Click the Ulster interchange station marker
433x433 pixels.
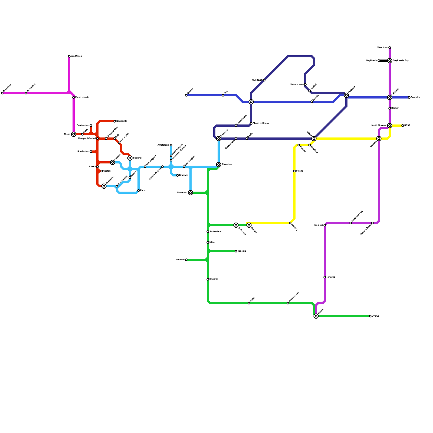click(x=74, y=134)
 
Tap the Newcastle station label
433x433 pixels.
click(x=122, y=121)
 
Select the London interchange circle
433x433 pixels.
click(x=113, y=162)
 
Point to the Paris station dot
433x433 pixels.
click(x=139, y=191)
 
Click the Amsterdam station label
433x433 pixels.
click(x=163, y=145)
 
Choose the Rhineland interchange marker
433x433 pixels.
click(x=191, y=193)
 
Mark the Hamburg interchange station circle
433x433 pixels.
click(x=219, y=139)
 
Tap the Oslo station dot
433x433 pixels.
click(x=223, y=95)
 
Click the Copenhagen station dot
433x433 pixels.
click(x=236, y=126)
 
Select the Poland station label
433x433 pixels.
click(x=300, y=171)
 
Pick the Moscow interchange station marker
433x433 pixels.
click(x=379, y=139)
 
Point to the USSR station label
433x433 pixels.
click(x=407, y=126)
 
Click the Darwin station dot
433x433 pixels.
click(x=390, y=108)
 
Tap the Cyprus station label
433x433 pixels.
click(x=375, y=316)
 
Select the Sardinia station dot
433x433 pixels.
click(x=208, y=279)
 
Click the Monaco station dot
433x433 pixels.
click(x=186, y=260)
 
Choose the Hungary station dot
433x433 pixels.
click(x=290, y=223)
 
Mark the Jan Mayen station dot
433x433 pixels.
click(x=69, y=56)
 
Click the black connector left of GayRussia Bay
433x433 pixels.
click(x=384, y=61)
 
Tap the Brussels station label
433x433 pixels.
click(x=183, y=175)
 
